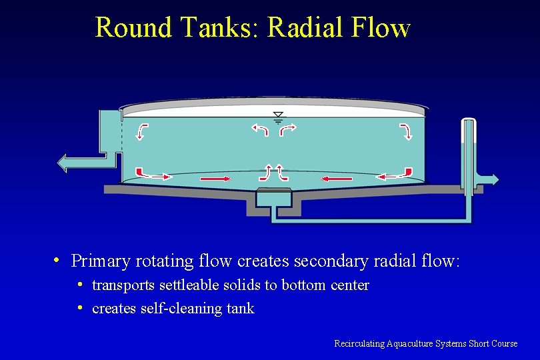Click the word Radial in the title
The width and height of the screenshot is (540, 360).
(303, 28)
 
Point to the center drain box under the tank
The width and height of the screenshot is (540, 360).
(274, 197)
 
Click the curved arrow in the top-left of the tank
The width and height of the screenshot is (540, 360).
(142, 131)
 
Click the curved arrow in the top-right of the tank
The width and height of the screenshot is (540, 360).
(406, 131)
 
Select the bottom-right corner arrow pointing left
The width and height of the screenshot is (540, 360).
(394, 175)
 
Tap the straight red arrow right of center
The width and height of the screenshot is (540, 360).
(337, 179)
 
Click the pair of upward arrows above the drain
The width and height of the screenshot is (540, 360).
(273, 172)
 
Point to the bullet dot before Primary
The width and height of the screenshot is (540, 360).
(58, 260)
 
